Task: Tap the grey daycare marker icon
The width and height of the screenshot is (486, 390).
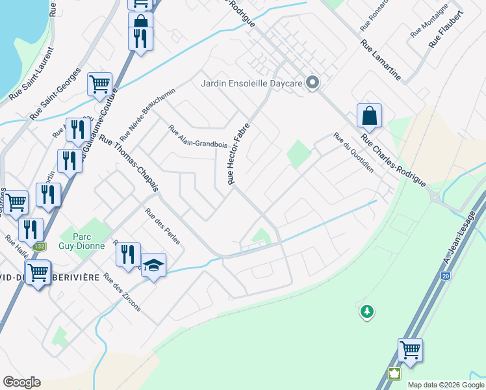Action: (313, 83)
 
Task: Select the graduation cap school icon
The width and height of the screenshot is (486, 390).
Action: (154, 265)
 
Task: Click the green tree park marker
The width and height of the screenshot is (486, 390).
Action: (367, 312)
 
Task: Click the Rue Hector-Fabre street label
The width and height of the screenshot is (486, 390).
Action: (238, 155)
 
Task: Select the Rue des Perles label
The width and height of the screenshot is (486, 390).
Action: (162, 226)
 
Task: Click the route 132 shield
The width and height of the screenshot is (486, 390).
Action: (40, 247)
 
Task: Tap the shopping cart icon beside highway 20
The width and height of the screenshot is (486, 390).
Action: (410, 350)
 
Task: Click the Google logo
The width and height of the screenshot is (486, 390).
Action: (21, 382)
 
